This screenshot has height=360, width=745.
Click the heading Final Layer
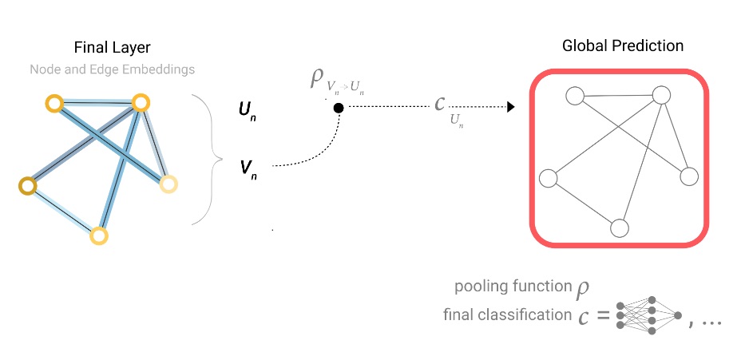pyautogui.click(x=112, y=48)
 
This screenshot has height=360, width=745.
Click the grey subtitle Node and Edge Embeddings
pyautogui.click(x=112, y=69)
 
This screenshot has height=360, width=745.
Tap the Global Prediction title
pyautogui.click(x=623, y=46)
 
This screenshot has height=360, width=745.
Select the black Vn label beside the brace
pyautogui.click(x=248, y=168)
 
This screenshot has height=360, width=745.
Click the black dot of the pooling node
pyautogui.click(x=339, y=108)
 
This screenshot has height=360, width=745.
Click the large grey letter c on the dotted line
pyautogui.click(x=440, y=105)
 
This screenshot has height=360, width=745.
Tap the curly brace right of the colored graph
pyautogui.click(x=205, y=160)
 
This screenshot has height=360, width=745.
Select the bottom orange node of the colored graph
pyautogui.click(x=98, y=235)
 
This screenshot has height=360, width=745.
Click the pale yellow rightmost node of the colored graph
pyautogui.click(x=168, y=184)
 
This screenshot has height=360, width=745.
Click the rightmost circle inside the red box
pyautogui.click(x=688, y=177)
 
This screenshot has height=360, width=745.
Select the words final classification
pyautogui.click(x=507, y=315)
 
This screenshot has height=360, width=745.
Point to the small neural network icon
pyautogui.click(x=648, y=316)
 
